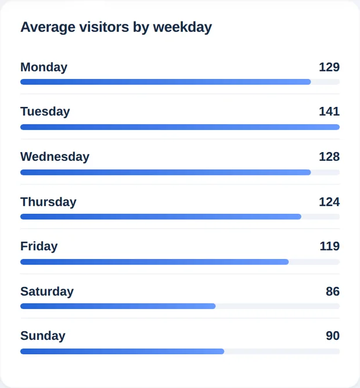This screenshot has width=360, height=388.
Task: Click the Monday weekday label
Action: pyautogui.click(x=44, y=67)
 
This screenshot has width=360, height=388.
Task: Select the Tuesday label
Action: pyautogui.click(x=45, y=112)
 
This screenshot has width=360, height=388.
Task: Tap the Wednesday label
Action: pyautogui.click(x=55, y=157)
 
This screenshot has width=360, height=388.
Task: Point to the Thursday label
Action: pyautogui.click(x=48, y=202)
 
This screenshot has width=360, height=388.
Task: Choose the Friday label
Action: pyautogui.click(x=39, y=246)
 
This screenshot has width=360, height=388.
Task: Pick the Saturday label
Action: pyautogui.click(x=47, y=292)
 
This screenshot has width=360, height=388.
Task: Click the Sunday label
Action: pyautogui.click(x=43, y=336)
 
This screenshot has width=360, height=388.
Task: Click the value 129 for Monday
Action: pyautogui.click(x=329, y=67)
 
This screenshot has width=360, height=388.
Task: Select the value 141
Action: pyautogui.click(x=329, y=112)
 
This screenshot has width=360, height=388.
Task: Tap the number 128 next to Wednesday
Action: pyautogui.click(x=329, y=157)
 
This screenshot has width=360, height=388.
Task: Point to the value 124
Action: pyautogui.click(x=329, y=202)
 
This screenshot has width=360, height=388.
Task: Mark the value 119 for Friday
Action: pyautogui.click(x=330, y=246)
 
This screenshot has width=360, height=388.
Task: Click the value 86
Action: pyautogui.click(x=333, y=292)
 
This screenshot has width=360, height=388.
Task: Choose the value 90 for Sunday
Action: pyautogui.click(x=333, y=336)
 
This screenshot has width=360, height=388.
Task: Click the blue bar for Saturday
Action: pyautogui.click(x=118, y=306)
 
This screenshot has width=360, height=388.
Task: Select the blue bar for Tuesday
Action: pyautogui.click(x=180, y=127)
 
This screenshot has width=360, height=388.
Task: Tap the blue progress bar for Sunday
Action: pyautogui.click(x=123, y=351)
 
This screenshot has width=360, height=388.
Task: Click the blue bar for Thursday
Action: pyautogui.click(x=161, y=217)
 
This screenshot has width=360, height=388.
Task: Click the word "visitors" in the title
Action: pyautogui.click(x=104, y=27)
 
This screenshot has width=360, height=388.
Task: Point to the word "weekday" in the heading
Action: pyautogui.click(x=182, y=27)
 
